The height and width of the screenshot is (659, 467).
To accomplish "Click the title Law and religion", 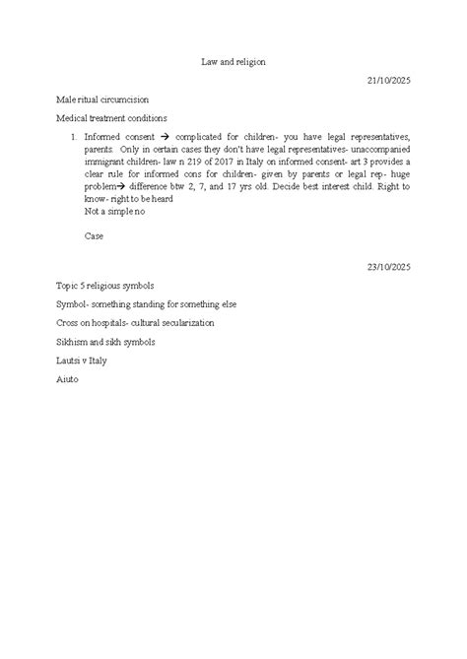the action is tap(233, 61).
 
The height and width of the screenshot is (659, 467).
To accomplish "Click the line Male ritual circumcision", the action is tap(102, 100).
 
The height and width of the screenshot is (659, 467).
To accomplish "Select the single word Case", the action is tap(95, 235).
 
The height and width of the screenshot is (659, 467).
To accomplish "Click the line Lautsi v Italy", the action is tap(83, 361).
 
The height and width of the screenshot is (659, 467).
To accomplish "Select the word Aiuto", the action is tap(68, 379).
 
